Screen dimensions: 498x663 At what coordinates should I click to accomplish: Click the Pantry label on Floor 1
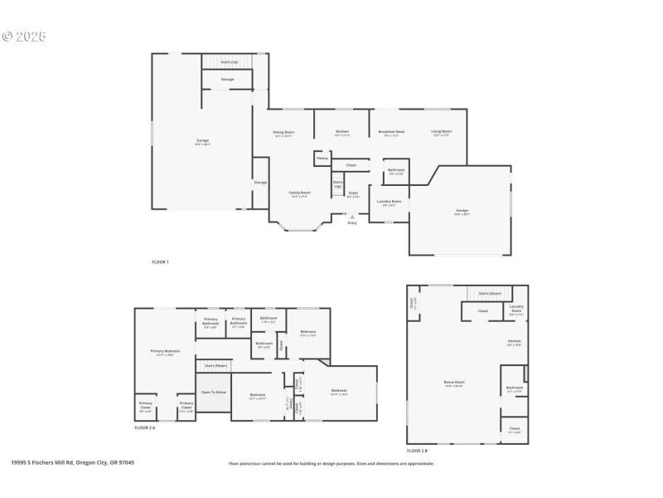[x=322, y=158]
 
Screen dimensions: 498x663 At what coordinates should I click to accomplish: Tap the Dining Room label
[x=283, y=133]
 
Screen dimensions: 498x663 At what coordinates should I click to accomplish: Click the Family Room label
[x=299, y=193]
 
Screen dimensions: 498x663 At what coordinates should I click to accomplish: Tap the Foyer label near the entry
[x=353, y=193]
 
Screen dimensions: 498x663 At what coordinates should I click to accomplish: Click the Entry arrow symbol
[x=352, y=217]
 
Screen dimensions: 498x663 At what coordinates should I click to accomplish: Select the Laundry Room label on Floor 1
[x=389, y=202]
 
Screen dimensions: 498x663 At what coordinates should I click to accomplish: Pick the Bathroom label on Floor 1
[x=396, y=171]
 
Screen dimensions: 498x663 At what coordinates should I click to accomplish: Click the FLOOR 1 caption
[x=160, y=262]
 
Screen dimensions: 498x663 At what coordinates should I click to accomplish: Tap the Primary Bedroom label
[x=165, y=351]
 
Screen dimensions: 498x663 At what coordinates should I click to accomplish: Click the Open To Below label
[x=214, y=392]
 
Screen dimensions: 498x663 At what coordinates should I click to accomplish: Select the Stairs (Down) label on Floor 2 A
[x=215, y=364]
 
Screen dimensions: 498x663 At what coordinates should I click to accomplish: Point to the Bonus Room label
[x=454, y=383]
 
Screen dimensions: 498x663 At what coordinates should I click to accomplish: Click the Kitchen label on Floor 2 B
[x=514, y=342]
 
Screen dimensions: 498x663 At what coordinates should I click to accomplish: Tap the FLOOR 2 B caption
[x=418, y=451]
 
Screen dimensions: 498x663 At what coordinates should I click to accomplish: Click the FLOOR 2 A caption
[x=145, y=427]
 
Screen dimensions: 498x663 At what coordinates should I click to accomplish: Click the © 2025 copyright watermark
[x=25, y=37]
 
